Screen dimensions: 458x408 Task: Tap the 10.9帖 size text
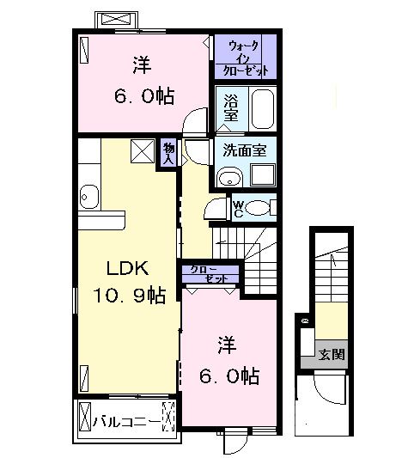[x=130, y=296]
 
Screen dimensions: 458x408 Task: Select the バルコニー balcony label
[x=126, y=421]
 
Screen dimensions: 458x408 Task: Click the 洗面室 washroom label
[x=245, y=150]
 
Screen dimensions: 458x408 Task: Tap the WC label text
[x=238, y=208]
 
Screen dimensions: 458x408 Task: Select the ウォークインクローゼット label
[x=246, y=58]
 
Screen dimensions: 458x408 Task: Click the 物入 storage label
[x=169, y=153]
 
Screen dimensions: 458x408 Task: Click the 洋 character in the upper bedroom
[x=143, y=64]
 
